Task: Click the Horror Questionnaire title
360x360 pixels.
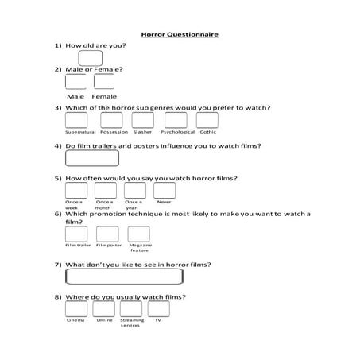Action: pos(179,35)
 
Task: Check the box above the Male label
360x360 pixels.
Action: pos(75,82)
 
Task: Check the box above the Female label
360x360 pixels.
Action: pos(104,82)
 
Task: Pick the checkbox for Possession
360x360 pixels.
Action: pos(111,120)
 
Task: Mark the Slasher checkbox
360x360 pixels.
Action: pos(143,120)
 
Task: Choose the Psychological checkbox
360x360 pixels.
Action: pos(175,120)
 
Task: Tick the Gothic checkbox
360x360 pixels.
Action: pos(207,120)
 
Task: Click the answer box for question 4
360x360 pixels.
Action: pos(91,159)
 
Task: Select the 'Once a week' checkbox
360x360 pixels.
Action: pos(75,191)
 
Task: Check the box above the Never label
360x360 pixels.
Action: pos(164,191)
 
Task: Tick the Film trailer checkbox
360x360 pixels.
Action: pos(77,234)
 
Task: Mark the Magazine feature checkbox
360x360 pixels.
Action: pos(140,234)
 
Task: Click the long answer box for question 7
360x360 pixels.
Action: pos(124,277)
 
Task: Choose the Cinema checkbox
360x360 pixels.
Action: pos(76,308)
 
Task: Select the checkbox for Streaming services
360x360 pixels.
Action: pos(131,308)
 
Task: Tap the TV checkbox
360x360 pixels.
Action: pos(158,308)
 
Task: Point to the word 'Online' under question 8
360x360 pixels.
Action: pos(105,320)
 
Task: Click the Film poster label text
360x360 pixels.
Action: pos(107,246)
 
